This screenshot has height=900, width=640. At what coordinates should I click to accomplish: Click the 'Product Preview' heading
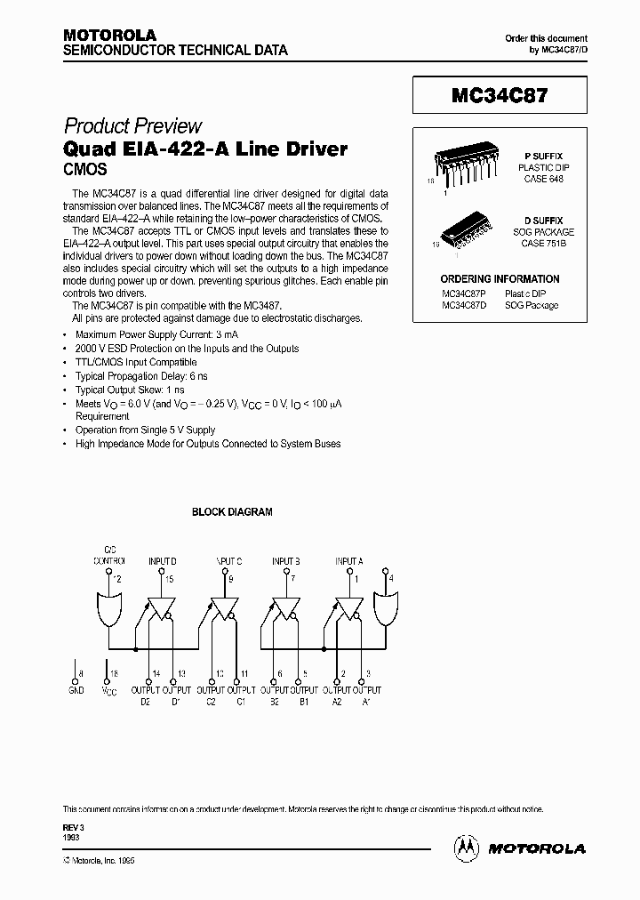[133, 126]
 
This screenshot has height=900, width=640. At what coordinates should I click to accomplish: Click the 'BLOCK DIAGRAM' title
[233, 512]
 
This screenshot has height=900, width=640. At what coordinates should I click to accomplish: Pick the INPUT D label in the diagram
[162, 561]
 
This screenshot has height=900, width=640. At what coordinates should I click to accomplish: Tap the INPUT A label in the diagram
[348, 561]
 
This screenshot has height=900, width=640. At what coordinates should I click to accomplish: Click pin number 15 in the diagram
[168, 579]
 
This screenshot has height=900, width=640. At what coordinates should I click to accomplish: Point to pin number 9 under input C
[231, 579]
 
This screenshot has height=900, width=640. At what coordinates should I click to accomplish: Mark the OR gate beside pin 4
[388, 611]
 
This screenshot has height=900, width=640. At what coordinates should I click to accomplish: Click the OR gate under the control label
[108, 611]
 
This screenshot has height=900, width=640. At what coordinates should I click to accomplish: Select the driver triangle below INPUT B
[285, 608]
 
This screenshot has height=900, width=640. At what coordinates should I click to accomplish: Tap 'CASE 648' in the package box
[542, 179]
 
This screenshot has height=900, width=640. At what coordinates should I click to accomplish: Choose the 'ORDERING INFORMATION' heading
[500, 278]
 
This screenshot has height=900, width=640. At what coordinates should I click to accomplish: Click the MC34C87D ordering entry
[463, 305]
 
